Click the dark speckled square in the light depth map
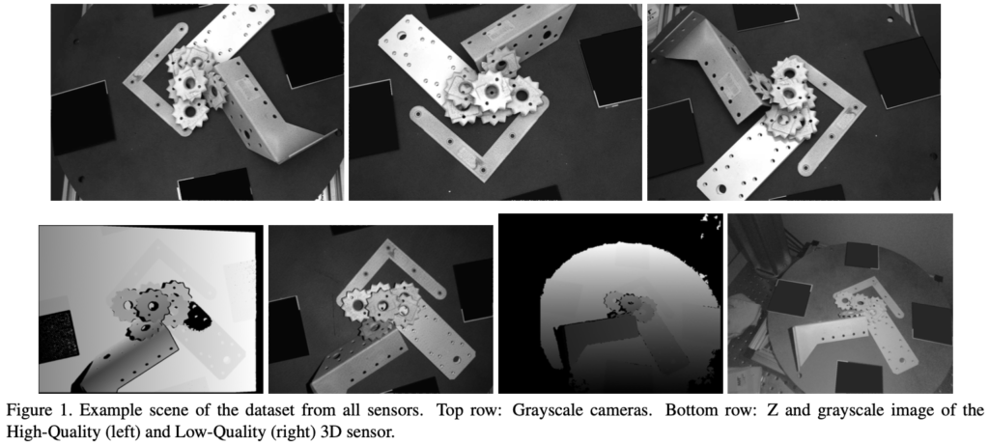click(x=58, y=337)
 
